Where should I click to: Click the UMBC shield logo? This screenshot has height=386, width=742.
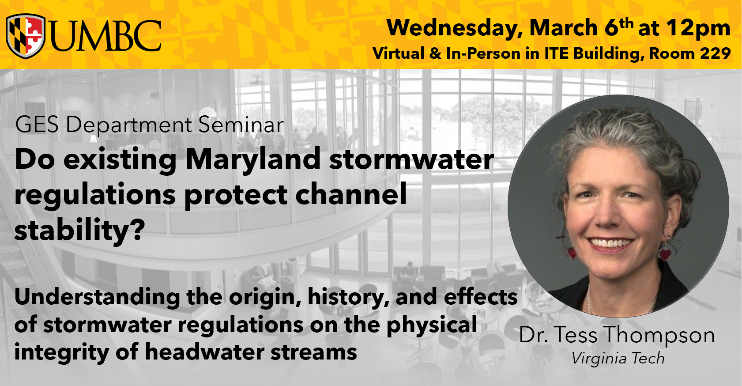[x=26, y=36]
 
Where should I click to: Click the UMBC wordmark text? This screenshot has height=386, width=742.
[x=106, y=36]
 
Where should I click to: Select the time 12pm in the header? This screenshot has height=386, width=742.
[x=698, y=29]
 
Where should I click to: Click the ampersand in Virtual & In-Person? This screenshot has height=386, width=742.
[x=435, y=54]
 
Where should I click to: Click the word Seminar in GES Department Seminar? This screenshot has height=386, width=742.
[x=241, y=125]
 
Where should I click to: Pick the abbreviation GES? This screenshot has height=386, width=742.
[x=37, y=125]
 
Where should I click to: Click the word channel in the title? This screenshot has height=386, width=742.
[x=351, y=194]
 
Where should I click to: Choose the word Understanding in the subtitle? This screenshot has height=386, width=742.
[x=97, y=298]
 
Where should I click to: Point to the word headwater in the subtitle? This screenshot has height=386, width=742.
[x=204, y=352]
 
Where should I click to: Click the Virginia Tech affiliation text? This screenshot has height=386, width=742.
[x=618, y=359]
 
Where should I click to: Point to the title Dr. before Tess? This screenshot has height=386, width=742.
[x=534, y=335]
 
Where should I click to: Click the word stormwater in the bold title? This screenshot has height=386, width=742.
[x=411, y=160]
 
